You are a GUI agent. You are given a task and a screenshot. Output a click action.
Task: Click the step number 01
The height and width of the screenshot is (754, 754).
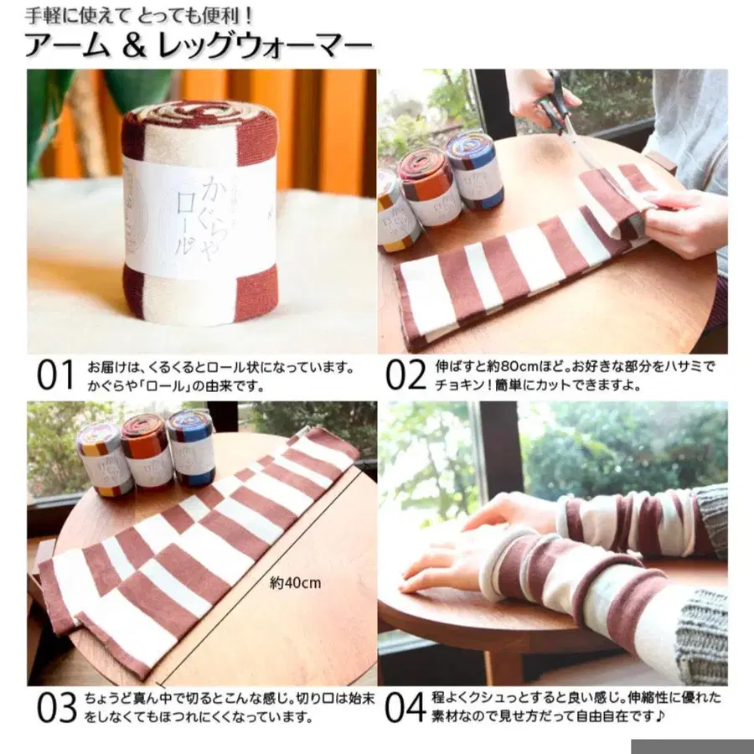(56, 375)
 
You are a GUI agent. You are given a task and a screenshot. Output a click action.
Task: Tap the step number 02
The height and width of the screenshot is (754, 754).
(405, 375)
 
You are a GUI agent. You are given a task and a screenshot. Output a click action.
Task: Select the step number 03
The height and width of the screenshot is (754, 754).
(57, 707)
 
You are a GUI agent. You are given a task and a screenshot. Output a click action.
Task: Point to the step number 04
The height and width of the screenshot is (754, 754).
(406, 707)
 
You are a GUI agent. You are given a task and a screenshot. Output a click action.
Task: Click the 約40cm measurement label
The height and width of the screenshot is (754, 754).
(295, 583)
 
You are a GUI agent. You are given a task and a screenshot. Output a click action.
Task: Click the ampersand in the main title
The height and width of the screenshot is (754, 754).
(134, 47)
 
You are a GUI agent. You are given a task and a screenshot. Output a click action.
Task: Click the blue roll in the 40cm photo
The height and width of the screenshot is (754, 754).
(190, 447)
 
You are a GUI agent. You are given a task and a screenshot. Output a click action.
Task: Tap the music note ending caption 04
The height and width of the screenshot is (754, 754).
(660, 716)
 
